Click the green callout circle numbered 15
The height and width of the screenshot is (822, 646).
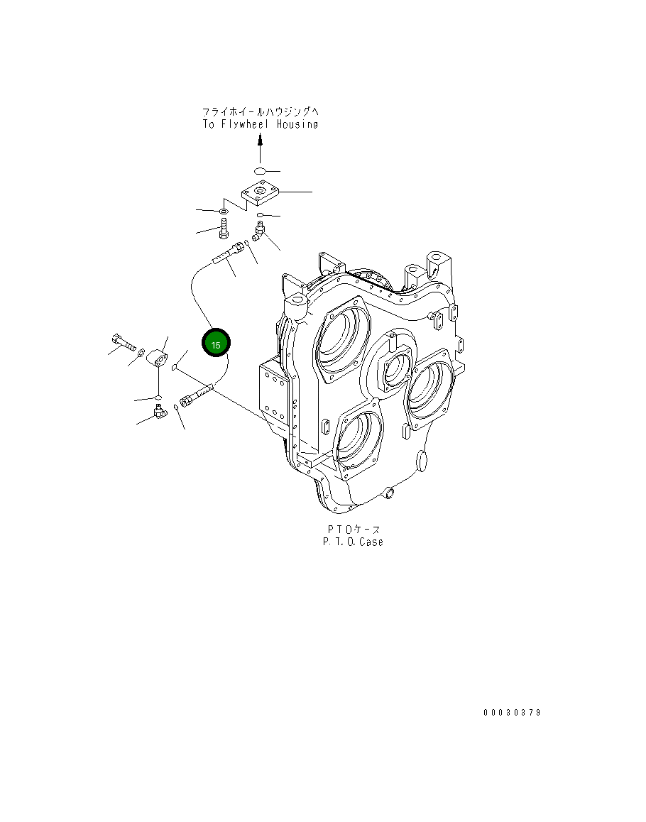216,344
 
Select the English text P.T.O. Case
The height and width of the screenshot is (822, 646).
353,542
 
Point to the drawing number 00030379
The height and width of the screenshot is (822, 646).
513,713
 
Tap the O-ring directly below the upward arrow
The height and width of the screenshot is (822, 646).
260,170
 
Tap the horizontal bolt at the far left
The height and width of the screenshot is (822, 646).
123,342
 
